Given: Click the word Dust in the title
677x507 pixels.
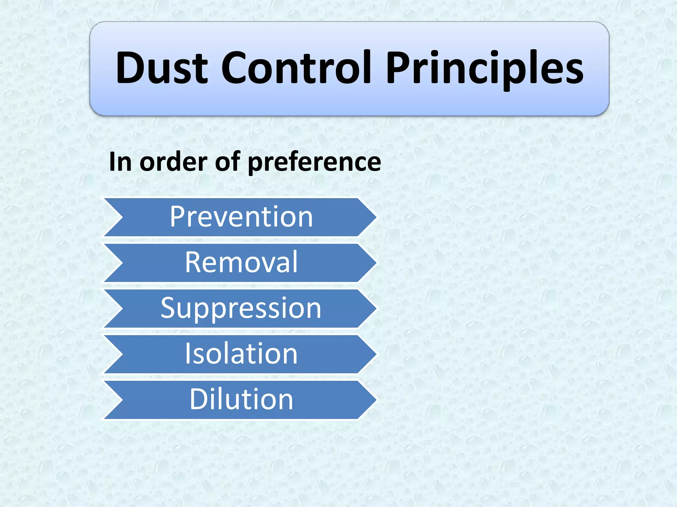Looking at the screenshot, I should tap(162, 68).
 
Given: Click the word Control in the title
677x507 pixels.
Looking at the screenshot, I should tap(296, 68).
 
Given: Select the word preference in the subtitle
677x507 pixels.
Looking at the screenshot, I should tap(314, 162).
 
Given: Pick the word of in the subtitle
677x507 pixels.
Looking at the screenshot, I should tap(228, 162).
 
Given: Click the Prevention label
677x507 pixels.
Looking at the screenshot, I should tap(241, 217).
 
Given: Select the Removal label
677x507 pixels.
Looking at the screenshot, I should tap(241, 262).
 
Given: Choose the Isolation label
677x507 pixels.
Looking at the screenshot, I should tap(241, 354).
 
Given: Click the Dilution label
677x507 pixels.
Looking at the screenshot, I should tap(241, 399).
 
